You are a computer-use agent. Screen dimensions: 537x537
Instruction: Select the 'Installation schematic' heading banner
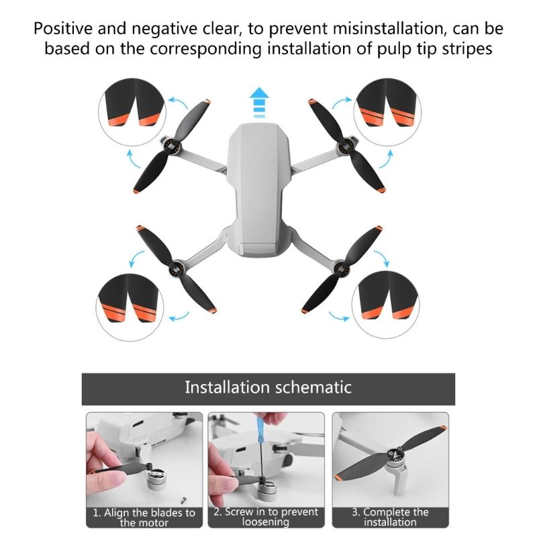(268, 387)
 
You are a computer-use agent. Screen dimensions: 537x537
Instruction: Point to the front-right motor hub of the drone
(348, 144)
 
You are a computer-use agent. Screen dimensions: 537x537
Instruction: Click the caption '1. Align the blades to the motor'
(144, 517)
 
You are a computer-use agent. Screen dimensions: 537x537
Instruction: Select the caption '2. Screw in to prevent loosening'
(266, 517)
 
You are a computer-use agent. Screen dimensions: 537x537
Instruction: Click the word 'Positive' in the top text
(63, 30)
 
